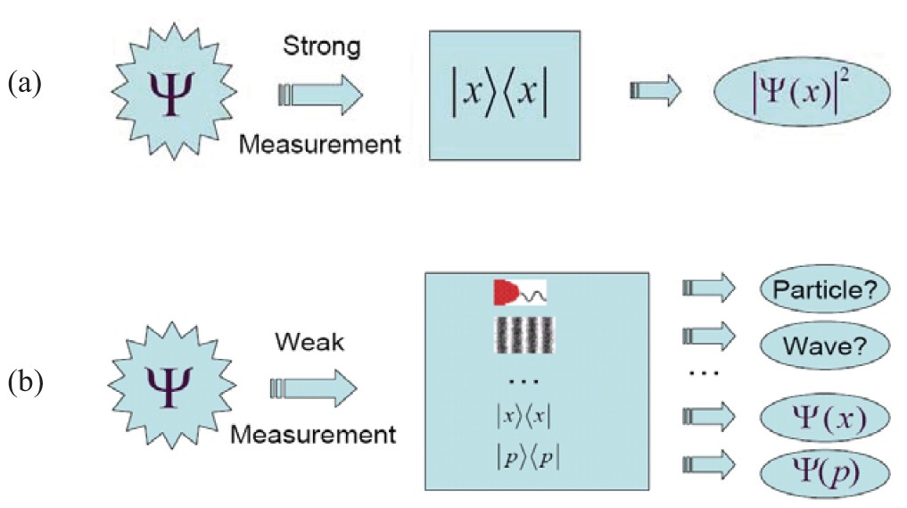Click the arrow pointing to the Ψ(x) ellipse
click(x=707, y=416)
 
